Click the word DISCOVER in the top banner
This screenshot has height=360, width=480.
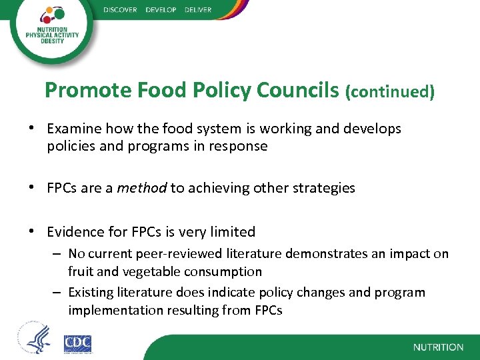coord(120,9)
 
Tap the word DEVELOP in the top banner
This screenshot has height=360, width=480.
coord(161,9)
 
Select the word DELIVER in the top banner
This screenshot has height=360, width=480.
coord(198,9)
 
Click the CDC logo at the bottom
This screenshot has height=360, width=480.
coord(77,343)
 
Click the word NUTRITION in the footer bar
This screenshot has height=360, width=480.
coord(438,347)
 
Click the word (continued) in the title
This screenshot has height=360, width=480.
coord(390,91)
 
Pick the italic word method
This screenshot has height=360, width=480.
coord(142,188)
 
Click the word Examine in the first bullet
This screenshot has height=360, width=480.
coord(73,129)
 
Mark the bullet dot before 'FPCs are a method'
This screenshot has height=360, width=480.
coord(33,188)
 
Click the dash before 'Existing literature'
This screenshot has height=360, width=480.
coord(59,292)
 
